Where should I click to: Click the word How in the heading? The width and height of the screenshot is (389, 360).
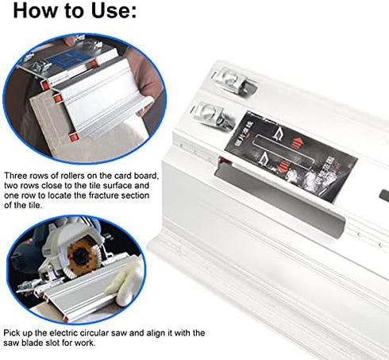tap(37, 13)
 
